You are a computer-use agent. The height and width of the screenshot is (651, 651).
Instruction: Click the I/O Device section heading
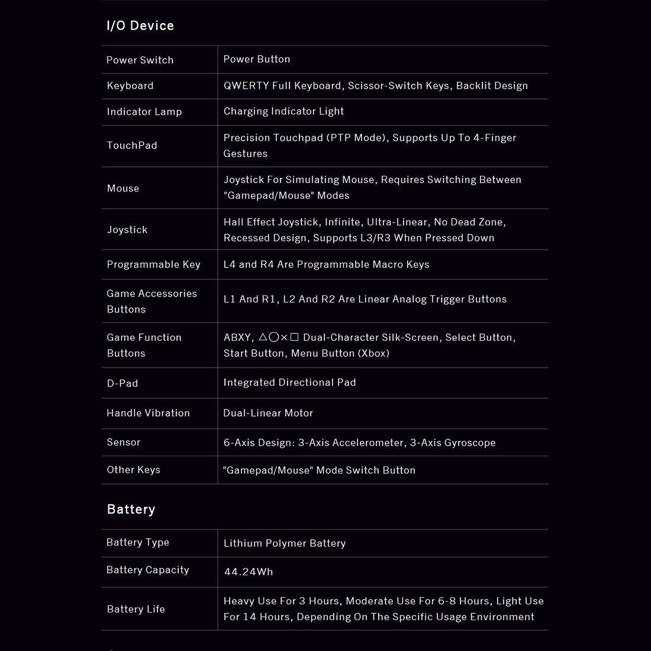pos(140,25)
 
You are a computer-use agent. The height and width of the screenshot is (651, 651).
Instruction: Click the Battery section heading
pos(131,509)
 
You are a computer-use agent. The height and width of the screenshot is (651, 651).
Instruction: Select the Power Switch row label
pos(140,60)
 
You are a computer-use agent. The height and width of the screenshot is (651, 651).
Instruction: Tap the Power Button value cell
pos(257,59)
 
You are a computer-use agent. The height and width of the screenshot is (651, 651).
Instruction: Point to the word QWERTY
pos(246,85)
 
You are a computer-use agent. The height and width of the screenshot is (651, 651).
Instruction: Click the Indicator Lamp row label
pos(144,112)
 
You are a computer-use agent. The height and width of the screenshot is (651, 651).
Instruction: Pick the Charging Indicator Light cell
pos(283,111)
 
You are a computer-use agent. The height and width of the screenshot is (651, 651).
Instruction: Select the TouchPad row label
pos(132,146)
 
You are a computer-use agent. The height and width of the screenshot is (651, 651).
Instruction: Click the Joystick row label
pos(127,230)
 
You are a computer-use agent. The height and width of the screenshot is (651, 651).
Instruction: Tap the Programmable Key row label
pos(153,265)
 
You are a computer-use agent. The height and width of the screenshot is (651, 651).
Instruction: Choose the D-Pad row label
pos(123,383)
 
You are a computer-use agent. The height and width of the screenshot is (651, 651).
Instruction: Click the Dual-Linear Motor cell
pos(268,413)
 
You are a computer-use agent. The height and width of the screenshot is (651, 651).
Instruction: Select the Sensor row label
pos(124,442)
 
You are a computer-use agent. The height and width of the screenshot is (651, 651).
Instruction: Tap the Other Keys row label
pos(133,470)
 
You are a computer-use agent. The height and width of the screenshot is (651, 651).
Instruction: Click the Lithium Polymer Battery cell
pos(285,543)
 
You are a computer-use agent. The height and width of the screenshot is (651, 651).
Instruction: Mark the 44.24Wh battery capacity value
pos(249,572)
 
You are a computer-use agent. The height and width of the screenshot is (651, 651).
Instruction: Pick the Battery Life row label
pos(136,609)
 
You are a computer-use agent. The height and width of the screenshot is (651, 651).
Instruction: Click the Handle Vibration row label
pos(148,413)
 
